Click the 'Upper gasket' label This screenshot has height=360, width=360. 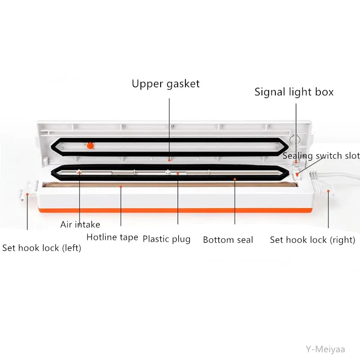pyautogui.click(x=166, y=84)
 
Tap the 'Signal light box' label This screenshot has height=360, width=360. pyautogui.click(x=294, y=92)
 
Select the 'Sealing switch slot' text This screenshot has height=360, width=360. pyautogui.click(x=321, y=156)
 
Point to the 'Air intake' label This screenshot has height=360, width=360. pyautogui.click(x=81, y=224)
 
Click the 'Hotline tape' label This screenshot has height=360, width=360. pyautogui.click(x=112, y=237)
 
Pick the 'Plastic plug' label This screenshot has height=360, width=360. pyautogui.click(x=166, y=239)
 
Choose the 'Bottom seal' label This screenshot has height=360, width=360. pyautogui.click(x=228, y=240)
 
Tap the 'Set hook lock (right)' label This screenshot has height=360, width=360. pyautogui.click(x=312, y=240)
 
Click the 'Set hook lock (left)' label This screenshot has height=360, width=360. pyautogui.click(x=42, y=248)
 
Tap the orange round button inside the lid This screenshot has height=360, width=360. pyautogui.click(x=90, y=145)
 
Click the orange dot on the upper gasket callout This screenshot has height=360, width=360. pyautogui.click(x=169, y=159)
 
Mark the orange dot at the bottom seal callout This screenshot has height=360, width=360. pyautogui.click(x=235, y=179)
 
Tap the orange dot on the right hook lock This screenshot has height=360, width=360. pyautogui.click(x=328, y=190)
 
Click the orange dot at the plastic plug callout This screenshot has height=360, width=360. pyautogui.click(x=178, y=172)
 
